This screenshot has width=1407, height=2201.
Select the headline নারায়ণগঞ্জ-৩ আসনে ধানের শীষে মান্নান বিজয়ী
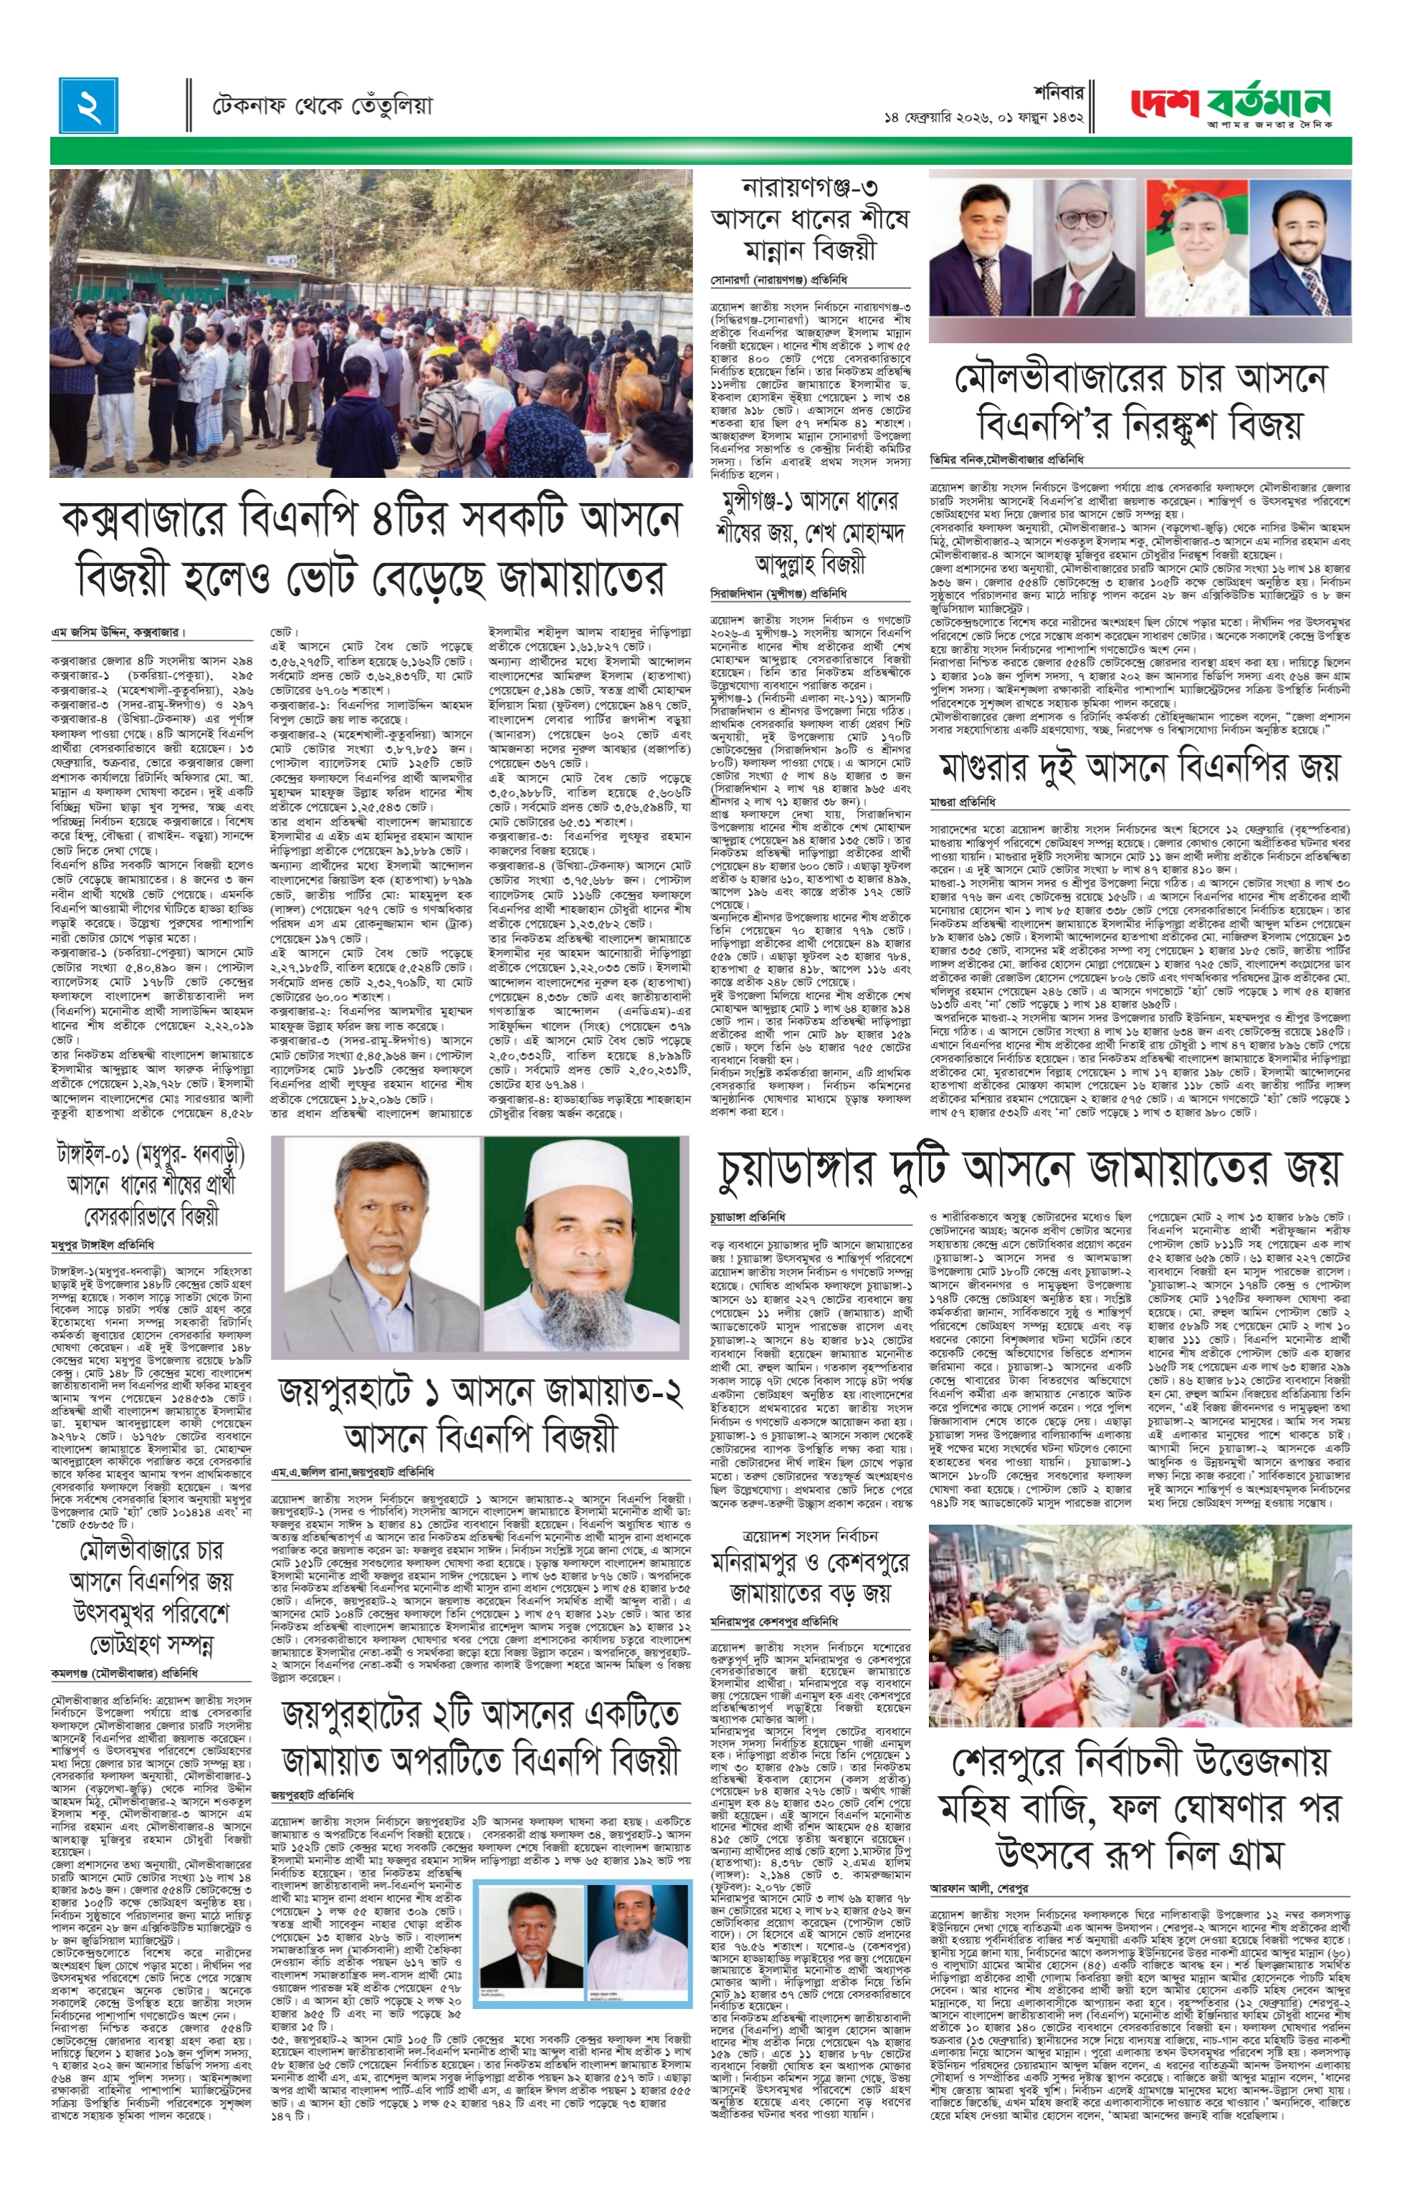click(810, 219)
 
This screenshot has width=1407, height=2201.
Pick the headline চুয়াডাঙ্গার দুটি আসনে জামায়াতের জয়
click(1029, 1167)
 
